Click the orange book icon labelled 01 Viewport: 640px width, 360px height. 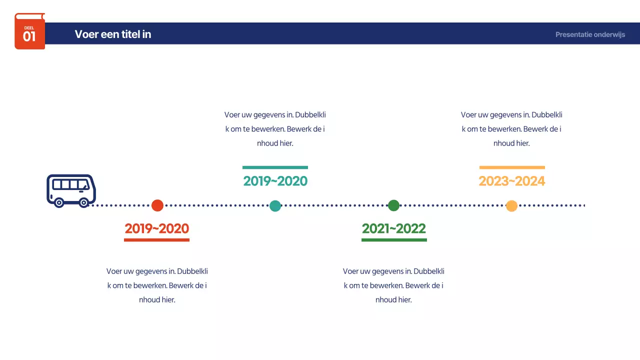click(29, 31)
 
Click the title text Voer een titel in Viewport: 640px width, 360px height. click(113, 34)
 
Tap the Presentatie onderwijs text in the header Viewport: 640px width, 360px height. click(590, 34)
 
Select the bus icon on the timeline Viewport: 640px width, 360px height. click(71, 190)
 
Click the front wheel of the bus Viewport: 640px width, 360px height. click(84, 202)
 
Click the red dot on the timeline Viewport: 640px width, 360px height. click(157, 205)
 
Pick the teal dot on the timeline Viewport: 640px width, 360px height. click(275, 205)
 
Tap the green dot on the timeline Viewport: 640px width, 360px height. click(394, 205)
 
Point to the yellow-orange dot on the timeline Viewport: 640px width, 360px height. click(511, 205)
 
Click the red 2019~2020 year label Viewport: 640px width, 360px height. click(157, 228)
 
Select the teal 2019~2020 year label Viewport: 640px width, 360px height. click(275, 181)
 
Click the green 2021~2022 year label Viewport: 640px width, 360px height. click(394, 228)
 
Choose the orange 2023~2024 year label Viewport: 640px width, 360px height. click(512, 181)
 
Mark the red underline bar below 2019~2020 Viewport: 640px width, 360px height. click(157, 240)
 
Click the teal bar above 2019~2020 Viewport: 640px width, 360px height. click(275, 167)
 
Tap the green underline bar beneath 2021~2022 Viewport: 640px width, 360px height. click(394, 240)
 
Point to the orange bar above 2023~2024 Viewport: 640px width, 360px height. click(512, 167)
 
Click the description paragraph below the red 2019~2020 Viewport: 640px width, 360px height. click(157, 285)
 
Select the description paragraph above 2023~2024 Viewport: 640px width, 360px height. click(511, 129)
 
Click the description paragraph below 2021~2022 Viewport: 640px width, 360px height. click(393, 285)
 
